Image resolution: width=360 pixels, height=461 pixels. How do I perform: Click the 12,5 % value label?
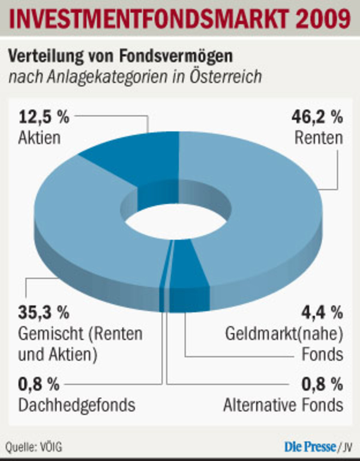pyautogui.click(x=44, y=117)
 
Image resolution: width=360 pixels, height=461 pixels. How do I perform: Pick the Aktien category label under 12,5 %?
pyautogui.click(x=39, y=138)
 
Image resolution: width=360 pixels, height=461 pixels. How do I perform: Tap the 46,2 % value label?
pyautogui.click(x=317, y=117)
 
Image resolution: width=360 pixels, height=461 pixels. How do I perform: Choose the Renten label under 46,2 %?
pyautogui.click(x=319, y=138)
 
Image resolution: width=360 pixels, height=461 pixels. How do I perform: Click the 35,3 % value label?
pyautogui.click(x=44, y=312)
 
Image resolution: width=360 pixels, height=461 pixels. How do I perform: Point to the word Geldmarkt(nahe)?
pyautogui.click(x=284, y=334)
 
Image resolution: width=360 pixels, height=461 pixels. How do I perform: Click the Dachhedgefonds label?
pyautogui.click(x=77, y=405)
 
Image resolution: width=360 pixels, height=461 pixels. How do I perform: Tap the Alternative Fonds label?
pyautogui.click(x=283, y=405)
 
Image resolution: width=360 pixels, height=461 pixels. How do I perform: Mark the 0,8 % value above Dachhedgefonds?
pyautogui.click(x=39, y=384)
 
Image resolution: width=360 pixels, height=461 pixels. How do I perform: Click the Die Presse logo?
pyautogui.click(x=310, y=447)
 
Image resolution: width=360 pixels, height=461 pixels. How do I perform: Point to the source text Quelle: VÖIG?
pyautogui.click(x=34, y=447)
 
